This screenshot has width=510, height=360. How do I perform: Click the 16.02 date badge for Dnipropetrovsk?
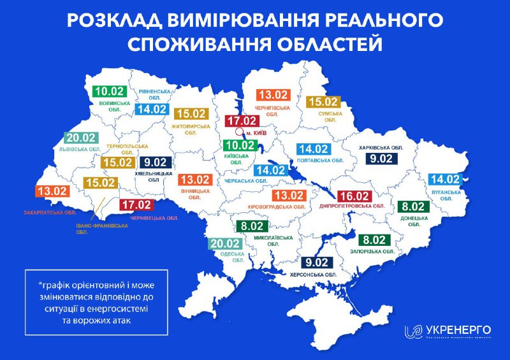[353, 195]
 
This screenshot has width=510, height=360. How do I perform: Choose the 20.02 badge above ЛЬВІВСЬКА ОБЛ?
[82, 138]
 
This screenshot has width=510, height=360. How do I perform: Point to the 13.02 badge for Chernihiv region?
[273, 94]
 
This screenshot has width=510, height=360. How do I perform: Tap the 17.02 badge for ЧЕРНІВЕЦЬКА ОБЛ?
[137, 205]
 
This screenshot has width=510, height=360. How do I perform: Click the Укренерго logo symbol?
[412, 331]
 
